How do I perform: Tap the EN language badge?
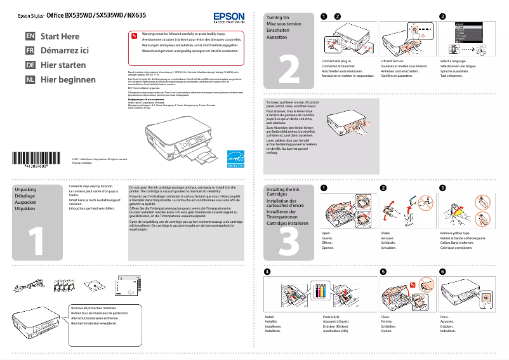(x=30, y=37)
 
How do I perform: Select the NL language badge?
(x=30, y=80)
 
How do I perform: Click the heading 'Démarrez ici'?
(x=65, y=51)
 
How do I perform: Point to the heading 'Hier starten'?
(x=63, y=65)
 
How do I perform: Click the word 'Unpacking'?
(x=25, y=190)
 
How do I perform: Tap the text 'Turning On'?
(x=278, y=18)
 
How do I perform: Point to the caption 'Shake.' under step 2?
(x=385, y=234)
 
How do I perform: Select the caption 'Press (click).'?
(x=332, y=316)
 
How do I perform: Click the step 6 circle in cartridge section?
(x=442, y=272)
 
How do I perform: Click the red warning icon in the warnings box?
(x=133, y=35)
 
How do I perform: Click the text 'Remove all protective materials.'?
(x=94, y=308)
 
